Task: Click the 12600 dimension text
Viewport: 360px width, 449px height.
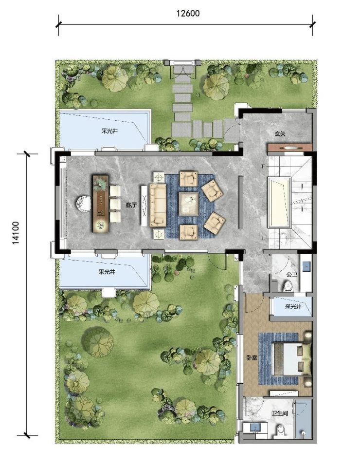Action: point(188,13)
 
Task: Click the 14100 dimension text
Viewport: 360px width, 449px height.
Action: point(16,233)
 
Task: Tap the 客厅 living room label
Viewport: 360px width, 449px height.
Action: point(131,205)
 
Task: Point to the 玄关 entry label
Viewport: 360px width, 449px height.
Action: point(280,133)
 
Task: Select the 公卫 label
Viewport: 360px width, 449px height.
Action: point(291,274)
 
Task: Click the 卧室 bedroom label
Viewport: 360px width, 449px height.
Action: point(252,357)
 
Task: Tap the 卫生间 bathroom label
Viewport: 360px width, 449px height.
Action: point(280,413)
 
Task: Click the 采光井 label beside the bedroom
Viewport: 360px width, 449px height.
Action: point(293,307)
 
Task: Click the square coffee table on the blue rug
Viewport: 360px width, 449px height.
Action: point(189,204)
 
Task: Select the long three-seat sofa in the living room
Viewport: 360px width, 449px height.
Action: point(158,205)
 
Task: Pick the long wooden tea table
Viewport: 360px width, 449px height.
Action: point(101,204)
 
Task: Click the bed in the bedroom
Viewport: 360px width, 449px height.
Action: point(292,359)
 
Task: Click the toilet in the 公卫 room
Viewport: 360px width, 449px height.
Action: point(288,286)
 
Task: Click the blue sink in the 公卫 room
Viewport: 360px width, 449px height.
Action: point(306,266)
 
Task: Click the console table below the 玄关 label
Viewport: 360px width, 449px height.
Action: point(289,148)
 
